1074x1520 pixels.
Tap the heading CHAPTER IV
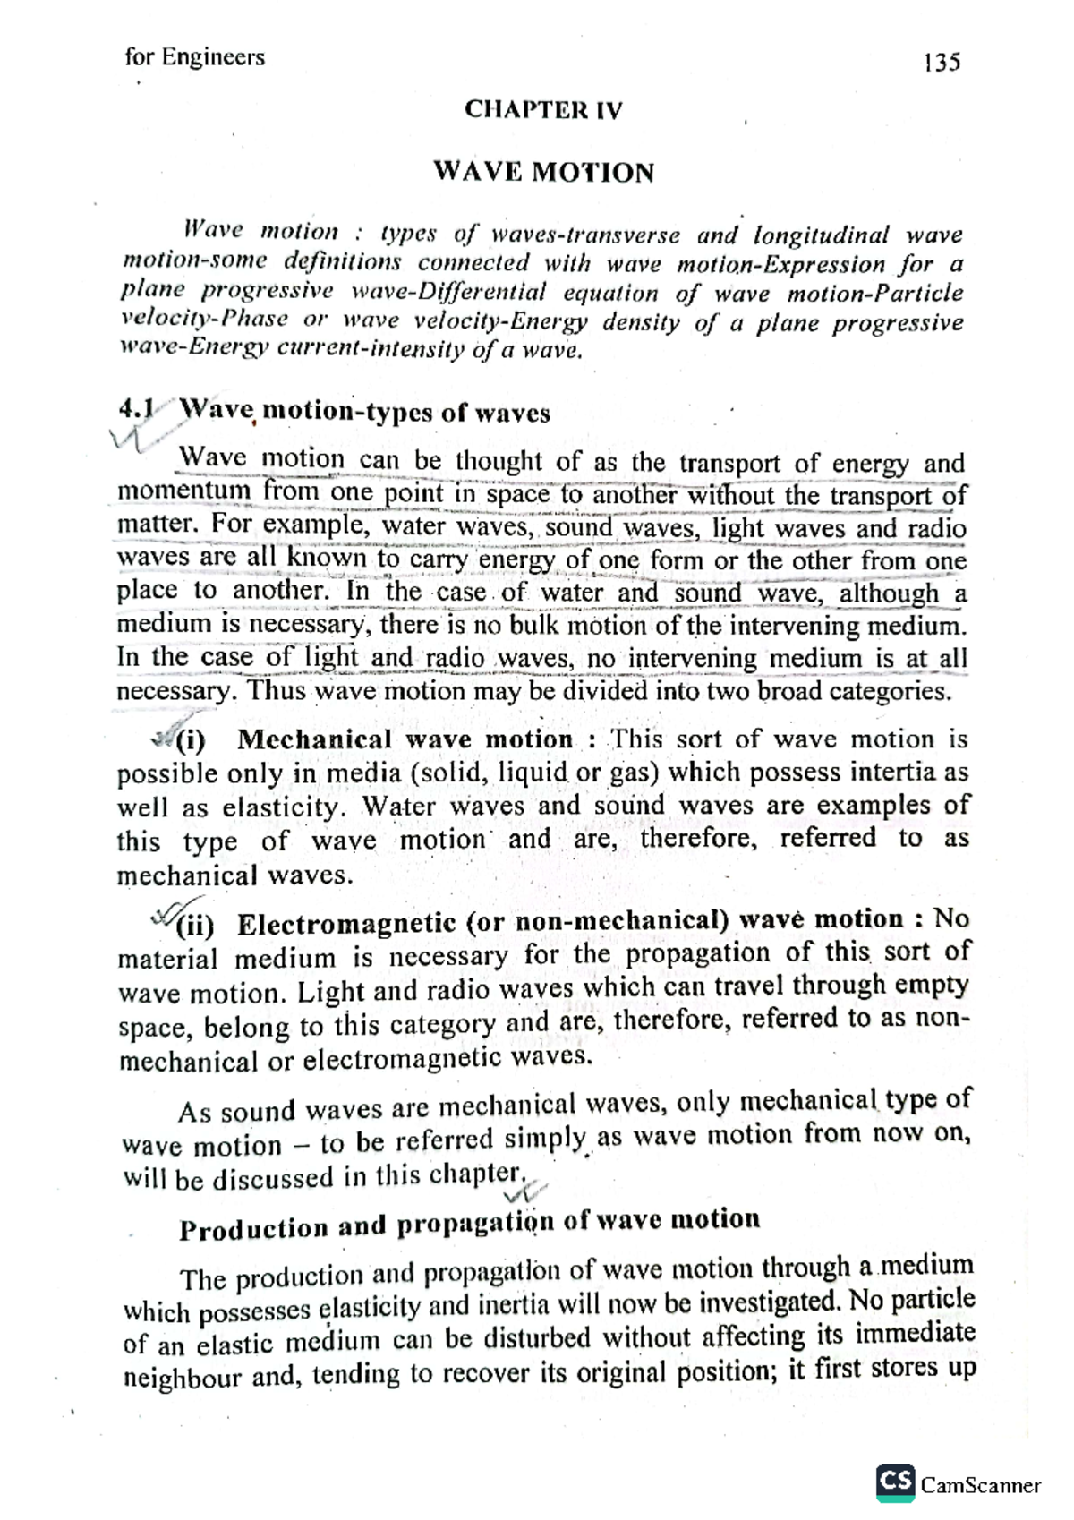coord(543,110)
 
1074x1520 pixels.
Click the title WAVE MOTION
coord(543,172)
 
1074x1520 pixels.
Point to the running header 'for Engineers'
coord(195,57)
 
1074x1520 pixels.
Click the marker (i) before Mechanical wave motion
coord(190,741)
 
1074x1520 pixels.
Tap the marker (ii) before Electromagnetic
coord(194,924)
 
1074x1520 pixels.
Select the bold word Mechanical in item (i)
coord(314,740)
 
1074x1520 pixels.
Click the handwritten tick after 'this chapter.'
coord(526,1191)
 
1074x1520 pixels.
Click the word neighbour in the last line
coord(183,1377)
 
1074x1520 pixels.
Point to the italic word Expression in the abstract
coord(829,265)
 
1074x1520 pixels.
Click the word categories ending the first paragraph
coord(889,691)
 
